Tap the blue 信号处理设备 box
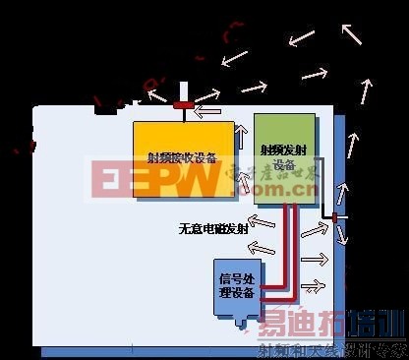click(236, 285)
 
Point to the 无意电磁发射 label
click(213, 228)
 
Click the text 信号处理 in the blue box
click(236, 277)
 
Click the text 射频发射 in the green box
click(282, 150)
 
